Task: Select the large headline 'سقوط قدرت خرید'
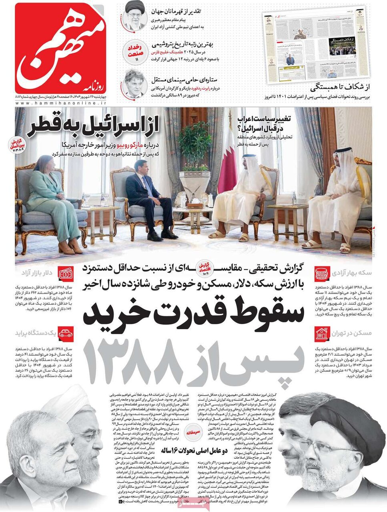(x=194, y=314)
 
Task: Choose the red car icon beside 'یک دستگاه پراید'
(x=65, y=333)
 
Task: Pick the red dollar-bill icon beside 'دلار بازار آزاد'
(x=65, y=274)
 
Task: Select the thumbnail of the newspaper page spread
(x=316, y=44)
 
